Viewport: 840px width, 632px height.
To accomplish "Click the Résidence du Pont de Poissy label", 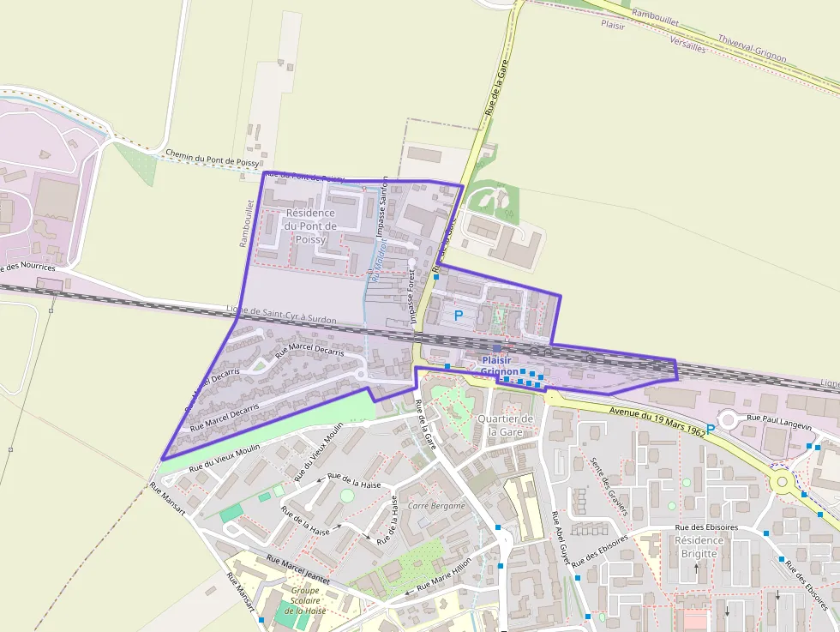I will click(x=310, y=226).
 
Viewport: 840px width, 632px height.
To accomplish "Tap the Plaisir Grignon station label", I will click(x=500, y=366).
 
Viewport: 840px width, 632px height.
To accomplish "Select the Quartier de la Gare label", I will click(x=506, y=424).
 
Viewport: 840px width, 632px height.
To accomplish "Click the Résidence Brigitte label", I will click(x=699, y=547).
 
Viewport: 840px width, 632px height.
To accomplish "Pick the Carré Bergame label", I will click(x=436, y=506).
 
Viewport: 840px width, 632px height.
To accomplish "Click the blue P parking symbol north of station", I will click(x=459, y=316).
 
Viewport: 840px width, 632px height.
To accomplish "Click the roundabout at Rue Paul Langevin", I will click(x=730, y=419).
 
